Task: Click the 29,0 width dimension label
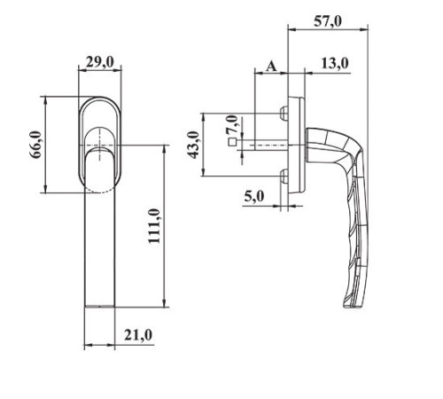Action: (100, 63)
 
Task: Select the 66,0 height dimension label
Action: (36, 145)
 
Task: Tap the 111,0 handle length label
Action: (154, 226)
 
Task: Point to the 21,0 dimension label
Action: (138, 335)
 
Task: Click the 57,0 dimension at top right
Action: (328, 21)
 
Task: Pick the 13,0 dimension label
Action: (335, 64)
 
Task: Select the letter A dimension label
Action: (271, 66)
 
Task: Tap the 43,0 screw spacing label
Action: (194, 145)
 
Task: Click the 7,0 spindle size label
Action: (232, 124)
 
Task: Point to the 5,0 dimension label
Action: (254, 196)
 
